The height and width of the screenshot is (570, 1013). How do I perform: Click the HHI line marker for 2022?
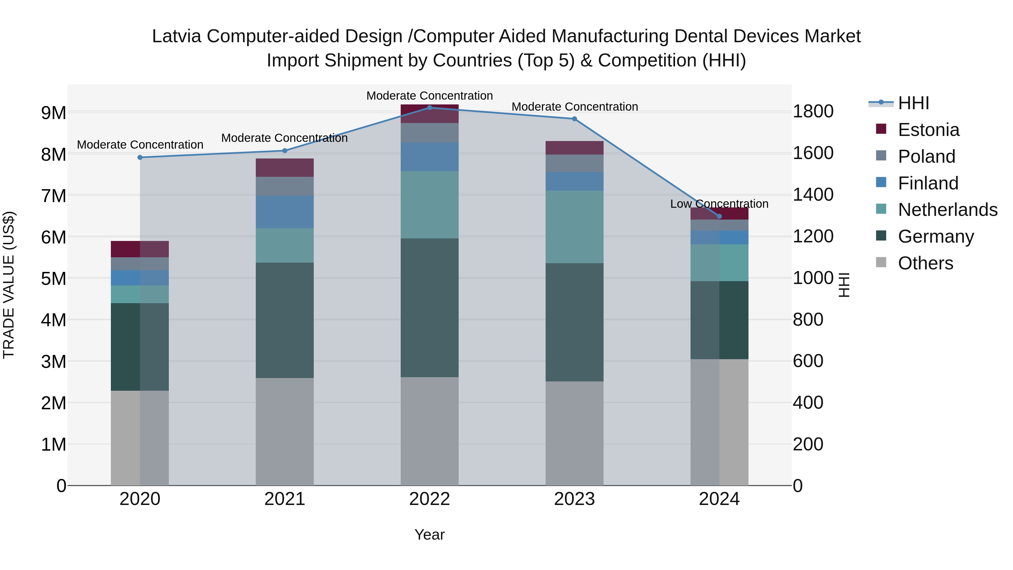(x=429, y=108)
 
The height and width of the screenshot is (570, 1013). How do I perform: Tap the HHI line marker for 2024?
(x=719, y=216)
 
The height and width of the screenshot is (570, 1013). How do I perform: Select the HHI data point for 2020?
(x=140, y=157)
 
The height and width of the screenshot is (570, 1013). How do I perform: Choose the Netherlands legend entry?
(x=947, y=210)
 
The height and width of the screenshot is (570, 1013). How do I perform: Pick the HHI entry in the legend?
(x=913, y=103)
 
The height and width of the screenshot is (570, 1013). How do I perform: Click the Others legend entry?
(x=925, y=263)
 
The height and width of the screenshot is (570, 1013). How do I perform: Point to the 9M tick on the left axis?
(x=53, y=113)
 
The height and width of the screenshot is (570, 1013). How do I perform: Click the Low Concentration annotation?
(x=719, y=204)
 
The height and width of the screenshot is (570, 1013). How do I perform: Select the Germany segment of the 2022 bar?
(x=429, y=308)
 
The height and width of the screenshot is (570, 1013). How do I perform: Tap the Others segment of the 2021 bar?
(x=285, y=432)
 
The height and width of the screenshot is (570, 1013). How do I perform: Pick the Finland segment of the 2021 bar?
(x=285, y=212)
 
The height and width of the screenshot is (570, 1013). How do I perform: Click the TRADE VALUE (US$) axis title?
(x=9, y=285)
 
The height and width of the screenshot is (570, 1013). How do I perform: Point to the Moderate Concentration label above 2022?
(x=429, y=96)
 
